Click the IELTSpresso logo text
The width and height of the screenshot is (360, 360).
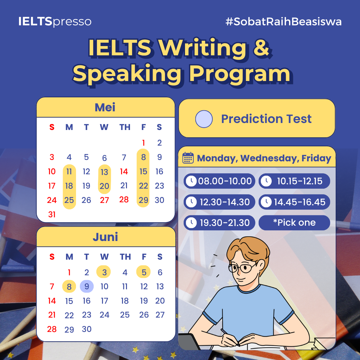pos(55,22)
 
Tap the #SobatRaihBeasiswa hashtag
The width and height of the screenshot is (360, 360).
pos(284,22)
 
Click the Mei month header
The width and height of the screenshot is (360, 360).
pos(105,107)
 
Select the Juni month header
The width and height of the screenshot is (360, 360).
pos(105,237)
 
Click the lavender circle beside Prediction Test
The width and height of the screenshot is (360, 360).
pos(204,119)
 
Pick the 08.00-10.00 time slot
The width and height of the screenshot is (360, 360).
pos(219,181)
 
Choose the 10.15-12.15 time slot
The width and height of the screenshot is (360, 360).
pos(294,181)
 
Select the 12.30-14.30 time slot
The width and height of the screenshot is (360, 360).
pos(219,202)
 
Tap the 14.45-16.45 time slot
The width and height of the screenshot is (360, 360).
pos(294,202)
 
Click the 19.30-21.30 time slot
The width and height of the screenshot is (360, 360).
pos(219,223)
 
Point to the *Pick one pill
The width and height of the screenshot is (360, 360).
pos(294,223)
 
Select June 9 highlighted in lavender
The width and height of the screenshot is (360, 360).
pos(87,286)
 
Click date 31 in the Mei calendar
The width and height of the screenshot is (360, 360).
pos(52,214)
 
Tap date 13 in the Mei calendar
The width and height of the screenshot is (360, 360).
pos(104,172)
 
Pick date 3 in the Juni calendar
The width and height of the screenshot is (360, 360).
pos(104,272)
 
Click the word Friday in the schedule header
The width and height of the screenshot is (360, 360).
pos(316,158)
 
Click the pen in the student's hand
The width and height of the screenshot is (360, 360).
pos(230,337)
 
